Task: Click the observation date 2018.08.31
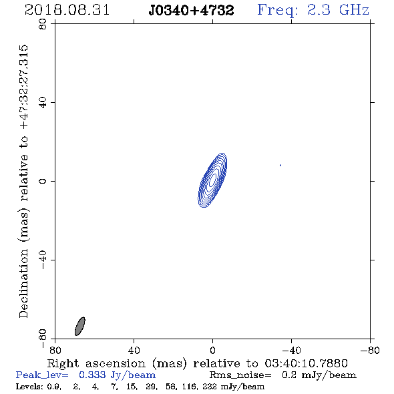point(67,10)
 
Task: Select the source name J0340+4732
point(191,10)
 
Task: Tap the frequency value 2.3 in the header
point(319,10)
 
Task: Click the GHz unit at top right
point(354,10)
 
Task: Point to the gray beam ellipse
point(80,326)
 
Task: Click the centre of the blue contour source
point(212,180)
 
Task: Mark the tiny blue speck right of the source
point(280,165)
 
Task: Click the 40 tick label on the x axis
point(134,350)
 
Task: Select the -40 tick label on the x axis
point(291,350)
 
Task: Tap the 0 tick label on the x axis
point(212,350)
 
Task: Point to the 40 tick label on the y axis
point(43,103)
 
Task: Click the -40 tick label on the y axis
point(43,260)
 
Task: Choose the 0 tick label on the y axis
point(43,181)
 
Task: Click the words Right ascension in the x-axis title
point(96,363)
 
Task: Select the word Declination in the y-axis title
point(23,283)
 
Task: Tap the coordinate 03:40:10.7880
point(307,363)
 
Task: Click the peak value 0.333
point(92,375)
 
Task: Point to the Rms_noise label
point(240,375)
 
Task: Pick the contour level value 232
point(209,386)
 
